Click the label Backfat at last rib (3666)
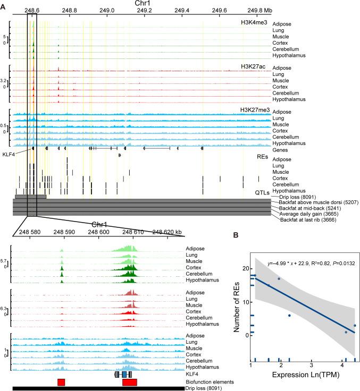click(303, 219)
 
